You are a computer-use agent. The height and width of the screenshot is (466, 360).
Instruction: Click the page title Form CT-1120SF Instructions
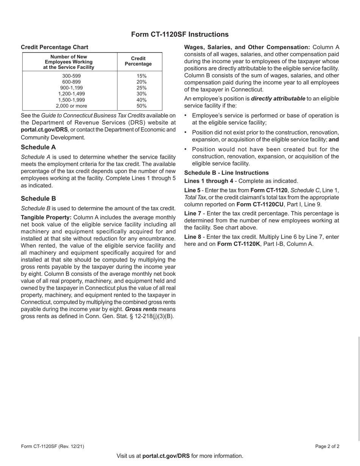(180, 34)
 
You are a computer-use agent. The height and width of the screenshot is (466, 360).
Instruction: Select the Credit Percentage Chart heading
(55, 47)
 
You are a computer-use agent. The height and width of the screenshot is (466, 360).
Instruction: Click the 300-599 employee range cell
(71, 76)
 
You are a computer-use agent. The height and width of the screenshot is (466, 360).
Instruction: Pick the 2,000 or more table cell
(71, 106)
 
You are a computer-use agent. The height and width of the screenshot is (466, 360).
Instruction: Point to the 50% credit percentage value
(141, 106)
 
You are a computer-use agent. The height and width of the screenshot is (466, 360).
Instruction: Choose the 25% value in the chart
(141, 88)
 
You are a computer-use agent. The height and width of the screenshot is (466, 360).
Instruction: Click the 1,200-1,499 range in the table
(71, 94)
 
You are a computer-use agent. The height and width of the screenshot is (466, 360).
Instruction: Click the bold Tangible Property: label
(46, 217)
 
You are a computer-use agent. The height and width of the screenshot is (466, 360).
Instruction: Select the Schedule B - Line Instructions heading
(226, 173)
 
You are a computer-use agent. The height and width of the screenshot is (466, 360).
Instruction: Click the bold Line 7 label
(193, 213)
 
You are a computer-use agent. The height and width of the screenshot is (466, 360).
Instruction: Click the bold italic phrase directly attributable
(278, 99)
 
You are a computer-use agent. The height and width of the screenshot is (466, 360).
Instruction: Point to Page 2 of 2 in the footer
(327, 446)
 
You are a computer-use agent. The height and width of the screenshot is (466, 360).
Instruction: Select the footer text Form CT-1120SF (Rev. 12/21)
(53, 446)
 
